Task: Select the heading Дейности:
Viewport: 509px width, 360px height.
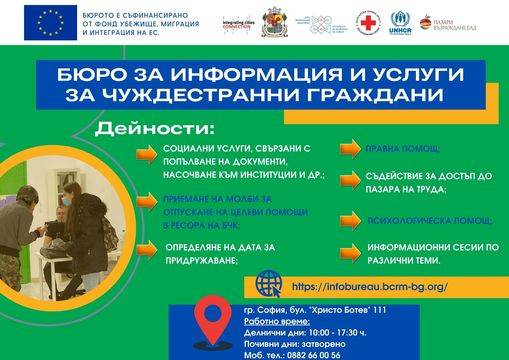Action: [169, 131]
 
